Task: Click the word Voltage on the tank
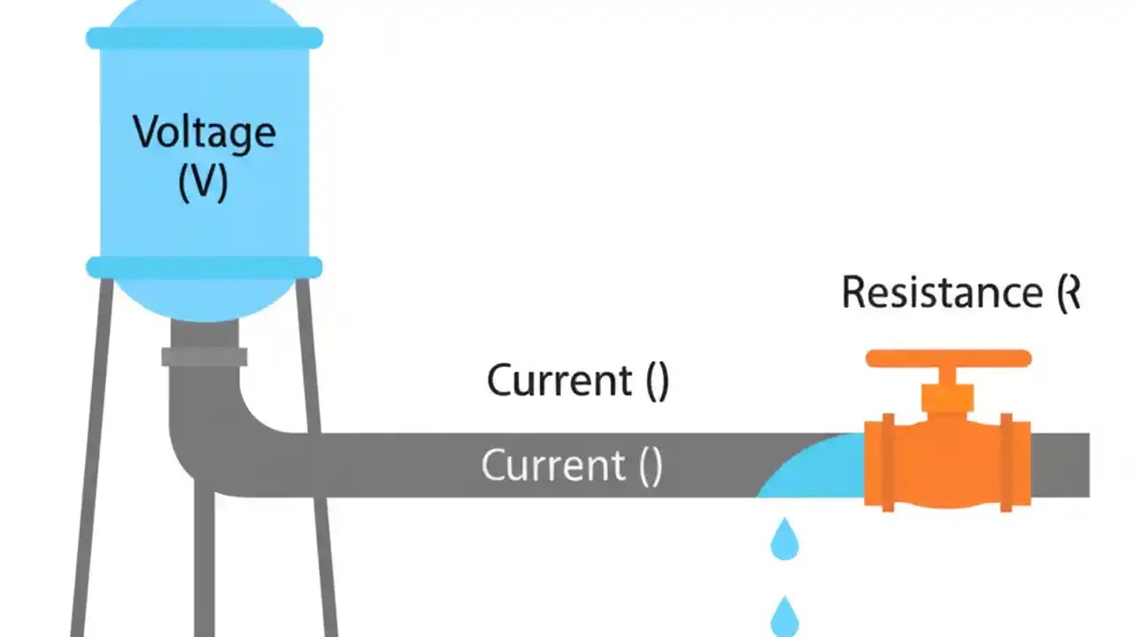pyautogui.click(x=204, y=133)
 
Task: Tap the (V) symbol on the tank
pyautogui.click(x=204, y=183)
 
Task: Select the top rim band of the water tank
pyautogui.click(x=204, y=38)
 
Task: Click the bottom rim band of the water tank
pyautogui.click(x=204, y=267)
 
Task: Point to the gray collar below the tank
pyautogui.click(x=204, y=357)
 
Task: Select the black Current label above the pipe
pyautogui.click(x=559, y=380)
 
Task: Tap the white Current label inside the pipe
pyautogui.click(x=553, y=465)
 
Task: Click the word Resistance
pyautogui.click(x=942, y=293)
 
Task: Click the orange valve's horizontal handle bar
pyautogui.click(x=948, y=358)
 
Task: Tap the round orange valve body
pyautogui.click(x=947, y=464)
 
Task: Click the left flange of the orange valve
pyautogui.click(x=888, y=462)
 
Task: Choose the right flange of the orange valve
pyautogui.click(x=1006, y=462)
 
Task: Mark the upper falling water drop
pyautogui.click(x=784, y=541)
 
